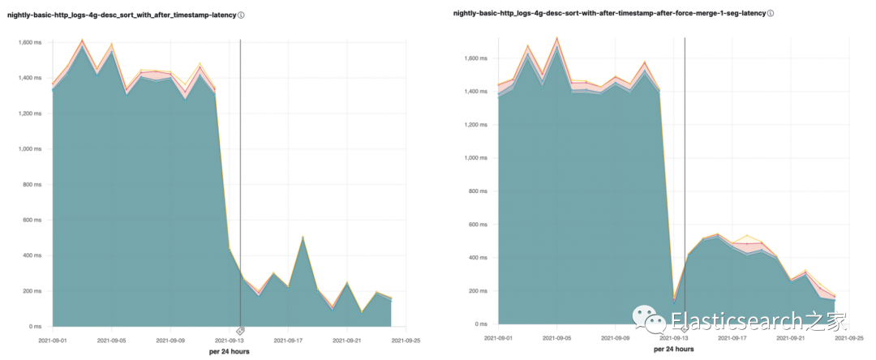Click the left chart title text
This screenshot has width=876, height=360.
point(122,15)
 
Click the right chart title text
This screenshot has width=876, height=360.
point(608,14)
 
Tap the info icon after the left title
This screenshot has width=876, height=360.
point(242,15)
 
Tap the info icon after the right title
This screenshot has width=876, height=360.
point(771,14)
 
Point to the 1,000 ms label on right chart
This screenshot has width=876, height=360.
point(472,158)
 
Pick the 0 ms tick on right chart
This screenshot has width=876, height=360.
point(481,325)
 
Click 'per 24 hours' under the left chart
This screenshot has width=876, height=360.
point(230,352)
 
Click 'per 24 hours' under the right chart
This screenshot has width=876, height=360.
point(673,349)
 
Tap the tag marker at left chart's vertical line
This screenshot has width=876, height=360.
point(240,331)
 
